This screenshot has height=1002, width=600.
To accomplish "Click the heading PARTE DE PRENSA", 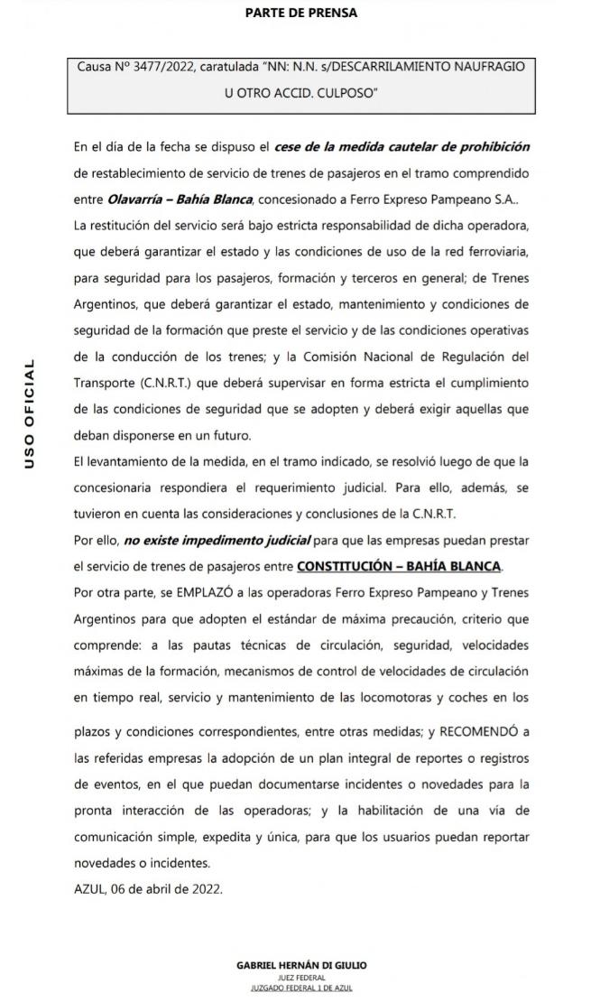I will coord(300,13).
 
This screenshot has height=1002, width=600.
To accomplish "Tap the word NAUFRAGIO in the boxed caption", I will coord(484,67).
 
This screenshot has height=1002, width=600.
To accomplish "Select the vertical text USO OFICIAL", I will coord(30,414).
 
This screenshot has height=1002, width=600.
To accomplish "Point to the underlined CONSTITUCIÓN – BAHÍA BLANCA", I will coord(398,566).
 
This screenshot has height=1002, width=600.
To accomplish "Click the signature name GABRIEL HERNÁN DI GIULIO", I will coord(300,965).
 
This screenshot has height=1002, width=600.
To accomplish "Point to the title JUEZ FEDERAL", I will coord(300,978).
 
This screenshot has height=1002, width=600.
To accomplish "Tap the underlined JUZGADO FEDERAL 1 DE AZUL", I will coord(300,989).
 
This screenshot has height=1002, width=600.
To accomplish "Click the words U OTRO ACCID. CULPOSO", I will coord(300,92).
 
